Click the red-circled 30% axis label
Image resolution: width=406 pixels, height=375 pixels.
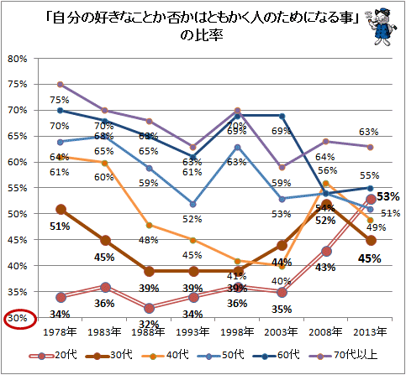tap(16, 319)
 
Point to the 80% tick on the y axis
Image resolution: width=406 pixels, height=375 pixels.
tap(18, 59)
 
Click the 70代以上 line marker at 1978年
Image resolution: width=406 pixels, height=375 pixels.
tap(61, 85)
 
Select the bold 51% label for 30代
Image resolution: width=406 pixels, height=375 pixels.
tap(60, 226)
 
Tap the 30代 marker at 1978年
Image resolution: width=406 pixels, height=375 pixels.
tap(61, 209)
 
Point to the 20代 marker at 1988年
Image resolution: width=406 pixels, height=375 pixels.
tap(150, 308)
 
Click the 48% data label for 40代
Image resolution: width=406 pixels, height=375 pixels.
tap(149, 240)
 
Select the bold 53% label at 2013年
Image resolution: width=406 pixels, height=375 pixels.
tap(388, 197)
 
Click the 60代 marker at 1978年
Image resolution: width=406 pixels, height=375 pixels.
tap(61, 111)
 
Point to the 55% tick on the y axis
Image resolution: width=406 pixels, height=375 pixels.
tap(18, 189)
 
